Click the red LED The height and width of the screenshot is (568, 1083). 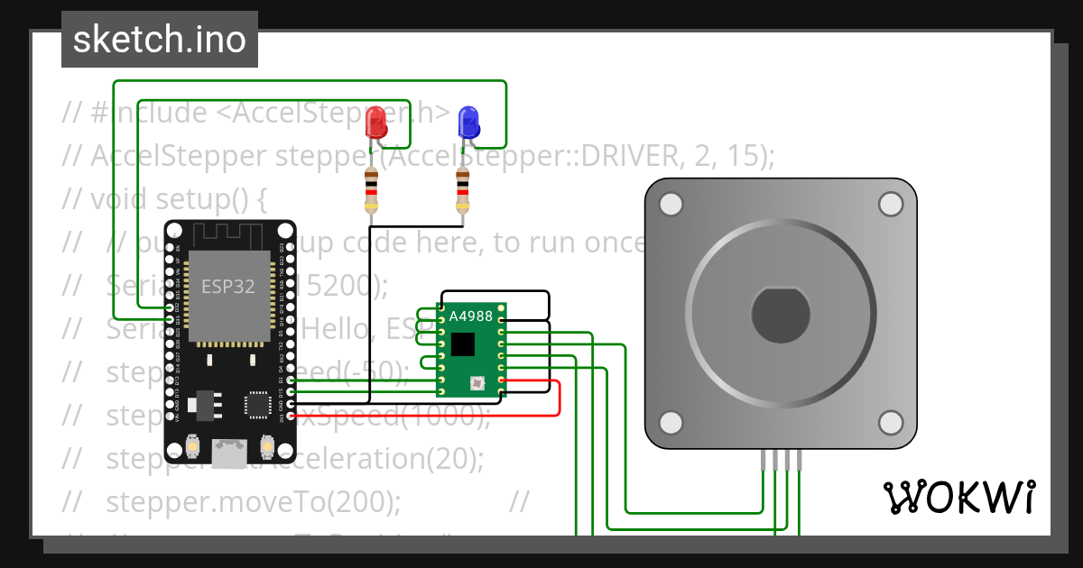(x=376, y=122)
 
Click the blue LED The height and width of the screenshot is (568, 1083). (x=468, y=122)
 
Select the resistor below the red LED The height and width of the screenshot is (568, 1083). (x=371, y=190)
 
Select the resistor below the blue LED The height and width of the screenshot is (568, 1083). (x=463, y=190)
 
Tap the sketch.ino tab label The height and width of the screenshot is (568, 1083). (x=160, y=40)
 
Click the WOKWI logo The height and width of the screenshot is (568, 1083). (x=958, y=497)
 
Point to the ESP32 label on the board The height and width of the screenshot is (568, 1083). (x=227, y=287)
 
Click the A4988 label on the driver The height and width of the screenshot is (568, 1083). (x=470, y=316)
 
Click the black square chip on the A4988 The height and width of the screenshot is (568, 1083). (x=463, y=344)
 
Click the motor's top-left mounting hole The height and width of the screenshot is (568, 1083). (x=671, y=205)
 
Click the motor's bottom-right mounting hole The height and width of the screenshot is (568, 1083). (x=891, y=423)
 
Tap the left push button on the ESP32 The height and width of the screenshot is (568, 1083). (x=191, y=446)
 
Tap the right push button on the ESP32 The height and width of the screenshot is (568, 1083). (x=267, y=446)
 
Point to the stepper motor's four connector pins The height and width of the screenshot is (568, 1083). (x=781, y=460)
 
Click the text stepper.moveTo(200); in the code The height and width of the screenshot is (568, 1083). (x=253, y=500)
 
